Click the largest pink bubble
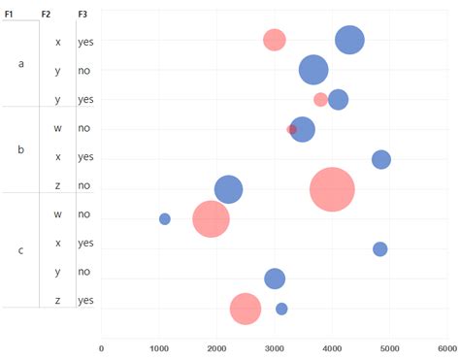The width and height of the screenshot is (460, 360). click(x=332, y=188)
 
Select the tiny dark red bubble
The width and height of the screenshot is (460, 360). click(x=291, y=129)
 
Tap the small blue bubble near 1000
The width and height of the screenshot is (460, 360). click(x=165, y=218)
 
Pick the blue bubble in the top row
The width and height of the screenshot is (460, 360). click(x=349, y=40)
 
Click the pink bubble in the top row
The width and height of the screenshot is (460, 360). click(x=275, y=40)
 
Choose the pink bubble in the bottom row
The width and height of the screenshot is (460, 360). click(x=246, y=309)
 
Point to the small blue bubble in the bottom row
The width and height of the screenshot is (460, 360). click(x=281, y=309)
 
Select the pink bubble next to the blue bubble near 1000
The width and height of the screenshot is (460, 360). click(x=211, y=218)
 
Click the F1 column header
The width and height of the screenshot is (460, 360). click(x=10, y=15)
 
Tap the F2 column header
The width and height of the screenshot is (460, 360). click(x=47, y=15)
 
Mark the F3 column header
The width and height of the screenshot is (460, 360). click(x=83, y=15)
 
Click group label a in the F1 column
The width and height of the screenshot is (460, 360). click(x=21, y=63)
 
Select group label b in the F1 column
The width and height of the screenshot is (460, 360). click(x=21, y=149)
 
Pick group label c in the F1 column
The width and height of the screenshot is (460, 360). click(x=21, y=250)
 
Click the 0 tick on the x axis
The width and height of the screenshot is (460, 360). click(x=102, y=346)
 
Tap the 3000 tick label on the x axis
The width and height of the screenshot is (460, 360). click(x=275, y=346)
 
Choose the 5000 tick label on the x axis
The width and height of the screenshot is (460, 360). click(x=389, y=346)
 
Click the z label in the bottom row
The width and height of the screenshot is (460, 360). click(x=58, y=301)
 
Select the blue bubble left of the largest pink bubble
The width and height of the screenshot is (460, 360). click(x=228, y=189)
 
